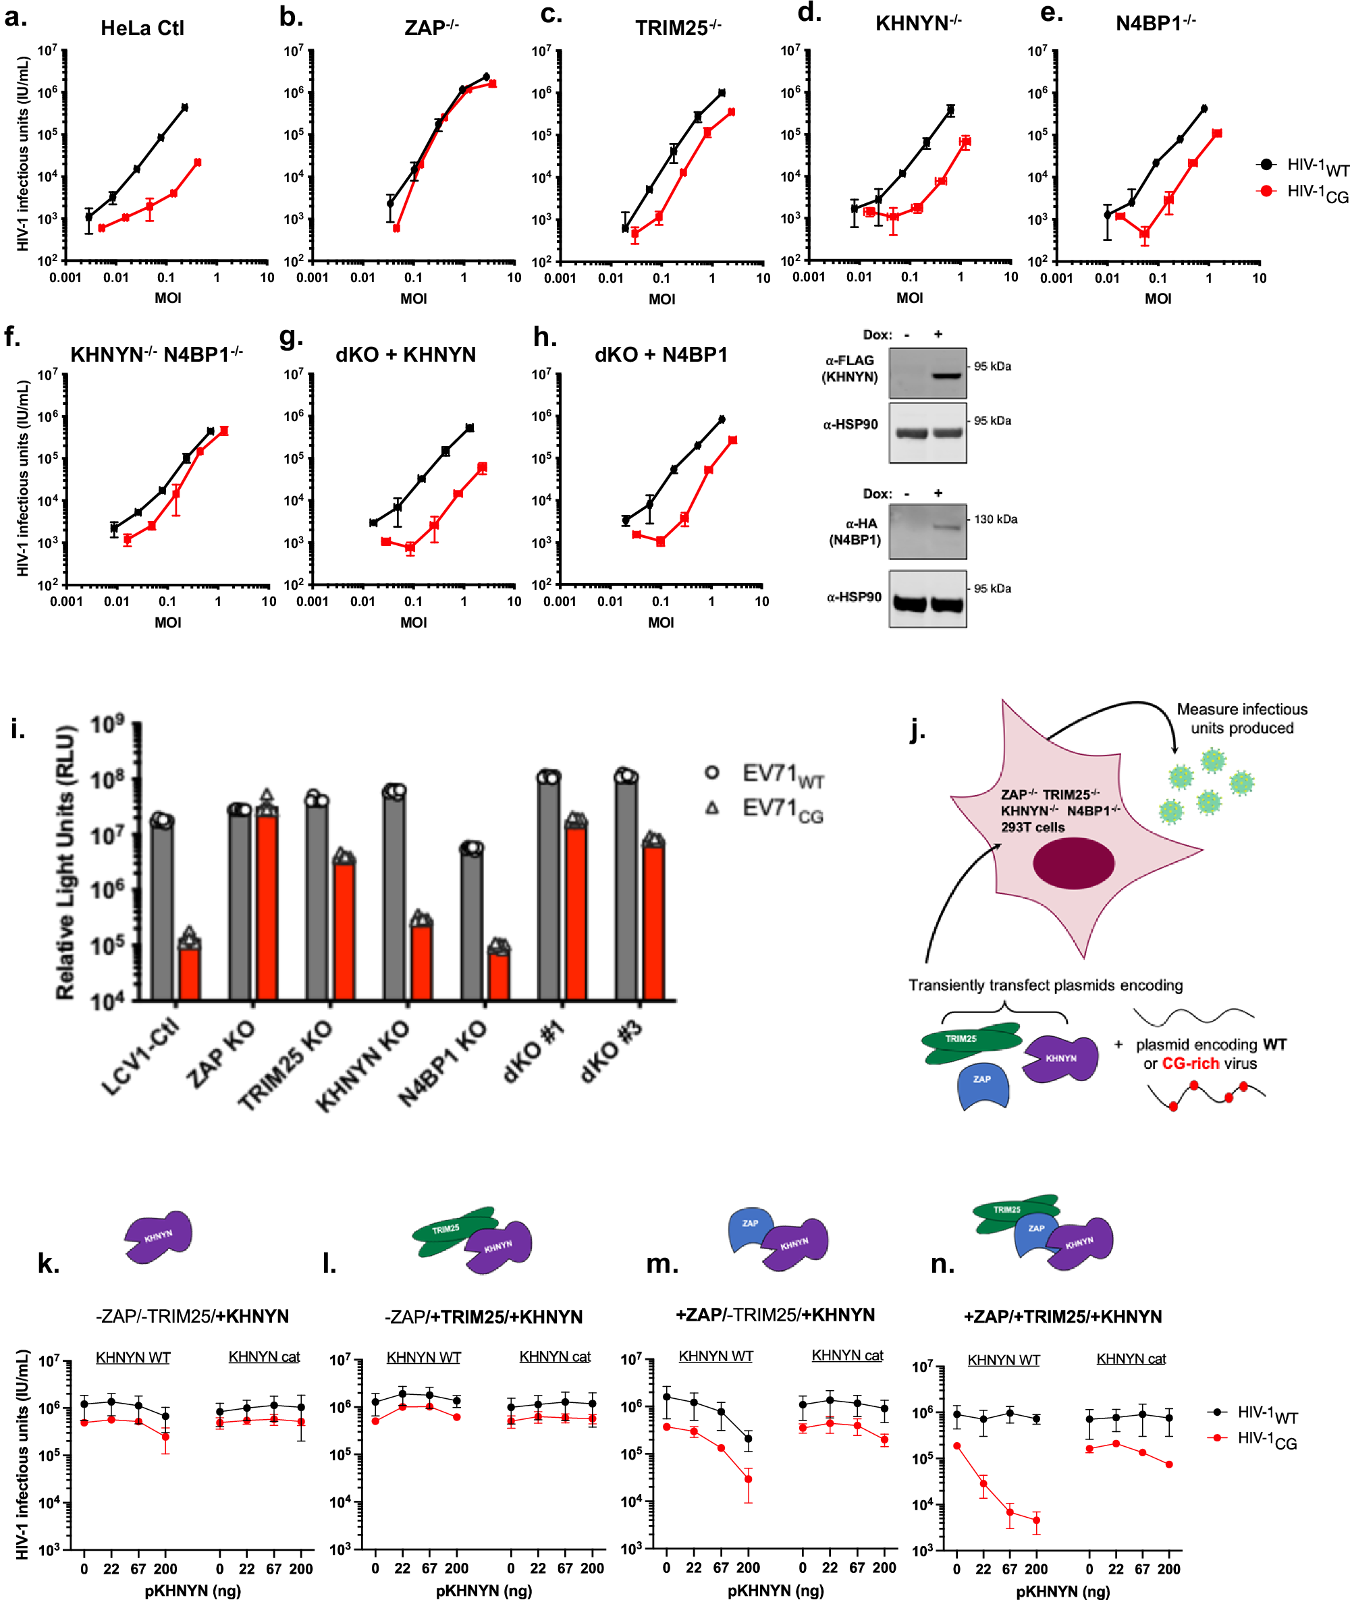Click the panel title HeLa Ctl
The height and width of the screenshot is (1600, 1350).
click(142, 28)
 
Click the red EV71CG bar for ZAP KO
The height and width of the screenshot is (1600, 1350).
click(267, 907)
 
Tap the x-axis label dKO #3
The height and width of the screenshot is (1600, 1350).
click(610, 1051)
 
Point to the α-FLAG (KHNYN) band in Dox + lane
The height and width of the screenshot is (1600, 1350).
click(946, 376)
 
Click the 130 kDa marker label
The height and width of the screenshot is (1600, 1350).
click(995, 519)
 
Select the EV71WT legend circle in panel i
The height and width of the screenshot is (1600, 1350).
click(711, 772)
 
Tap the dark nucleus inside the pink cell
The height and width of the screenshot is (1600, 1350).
click(1073, 862)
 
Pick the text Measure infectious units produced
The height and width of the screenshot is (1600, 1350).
click(1241, 718)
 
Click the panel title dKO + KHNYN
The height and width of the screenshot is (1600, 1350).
click(406, 354)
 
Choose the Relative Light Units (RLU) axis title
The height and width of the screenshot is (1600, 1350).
click(66, 862)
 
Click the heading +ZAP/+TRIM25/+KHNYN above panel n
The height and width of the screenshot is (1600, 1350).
click(1062, 1315)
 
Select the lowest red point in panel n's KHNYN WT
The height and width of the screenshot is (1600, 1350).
click(1036, 1520)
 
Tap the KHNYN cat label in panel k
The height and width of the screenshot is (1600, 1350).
click(264, 1356)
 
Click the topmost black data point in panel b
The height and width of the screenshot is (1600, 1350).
click(487, 76)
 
